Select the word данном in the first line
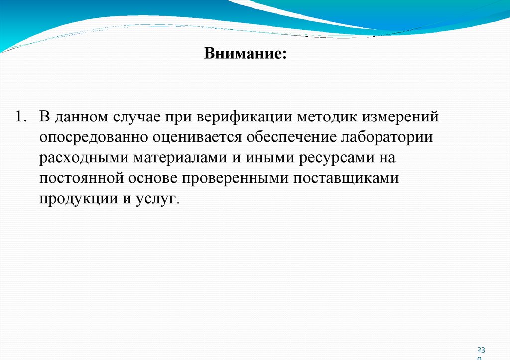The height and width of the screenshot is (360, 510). [79, 117]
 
